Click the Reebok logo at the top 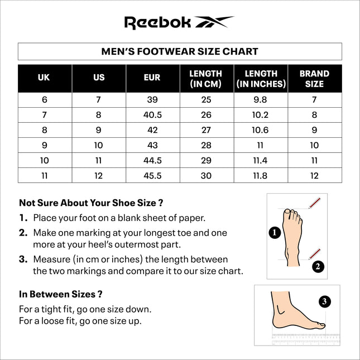pyautogui.click(x=179, y=22)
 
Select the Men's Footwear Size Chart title pyautogui.click(x=180, y=51)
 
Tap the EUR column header pyautogui.click(x=152, y=78)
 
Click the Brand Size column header pyautogui.click(x=314, y=79)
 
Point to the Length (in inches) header pyautogui.click(x=261, y=79)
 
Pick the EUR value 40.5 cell pyautogui.click(x=152, y=115)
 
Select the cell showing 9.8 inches pyautogui.click(x=261, y=100)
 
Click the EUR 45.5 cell pyautogui.click(x=152, y=175)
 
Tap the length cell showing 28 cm pyautogui.click(x=206, y=145)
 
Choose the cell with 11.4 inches pyautogui.click(x=261, y=160)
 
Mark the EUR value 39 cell pyautogui.click(x=152, y=100)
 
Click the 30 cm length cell pyautogui.click(x=206, y=175)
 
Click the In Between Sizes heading pyautogui.click(x=61, y=294)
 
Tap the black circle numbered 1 pyautogui.click(x=274, y=233)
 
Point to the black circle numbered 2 pyautogui.click(x=317, y=266)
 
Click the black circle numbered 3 pyautogui.click(x=325, y=301)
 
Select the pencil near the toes pyautogui.click(x=315, y=203)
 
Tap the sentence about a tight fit pyautogui.click(x=85, y=309)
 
